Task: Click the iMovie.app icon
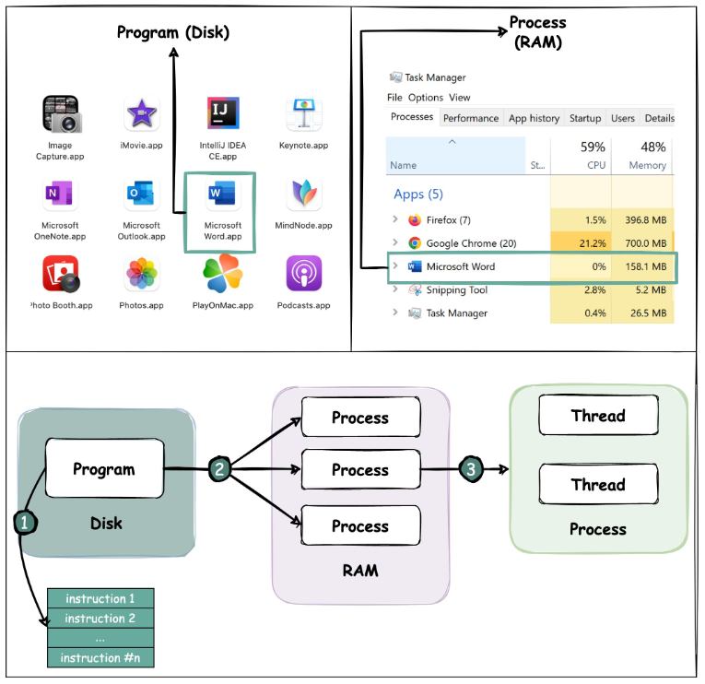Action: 142,115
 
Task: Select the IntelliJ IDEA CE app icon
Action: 222,114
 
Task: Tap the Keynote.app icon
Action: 304,115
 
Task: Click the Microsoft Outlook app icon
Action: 142,195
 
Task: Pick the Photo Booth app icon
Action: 60,275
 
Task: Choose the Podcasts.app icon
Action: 304,275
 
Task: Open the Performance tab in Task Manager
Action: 470,118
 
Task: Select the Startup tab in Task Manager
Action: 584,118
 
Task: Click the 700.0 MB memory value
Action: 642,243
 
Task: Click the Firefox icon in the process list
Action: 415,220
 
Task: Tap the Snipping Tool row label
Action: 456,290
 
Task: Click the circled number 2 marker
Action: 218,468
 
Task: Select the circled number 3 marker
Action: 471,469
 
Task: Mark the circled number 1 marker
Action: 26,522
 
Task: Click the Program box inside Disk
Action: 104,469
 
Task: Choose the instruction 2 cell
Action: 100,619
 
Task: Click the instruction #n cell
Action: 100,657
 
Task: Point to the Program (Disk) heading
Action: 173,33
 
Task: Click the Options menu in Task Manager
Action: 425,98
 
